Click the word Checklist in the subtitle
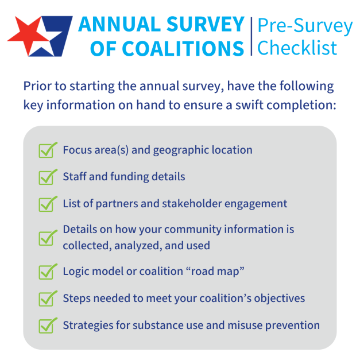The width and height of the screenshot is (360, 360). pyautogui.click(x=297, y=48)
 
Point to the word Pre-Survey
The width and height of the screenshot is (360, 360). pyautogui.click(x=304, y=25)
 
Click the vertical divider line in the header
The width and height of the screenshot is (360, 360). pyautogui.click(x=251, y=36)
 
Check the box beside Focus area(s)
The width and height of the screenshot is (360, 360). pyautogui.click(x=47, y=150)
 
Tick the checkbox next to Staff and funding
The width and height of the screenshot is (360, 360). pyautogui.click(x=47, y=176)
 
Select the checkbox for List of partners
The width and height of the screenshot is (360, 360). pyautogui.click(x=47, y=203)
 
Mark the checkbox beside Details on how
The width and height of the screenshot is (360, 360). pyautogui.click(x=47, y=237)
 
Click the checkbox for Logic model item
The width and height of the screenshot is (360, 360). pyautogui.click(x=47, y=270)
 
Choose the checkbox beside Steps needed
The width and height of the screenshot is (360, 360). pyautogui.click(x=47, y=298)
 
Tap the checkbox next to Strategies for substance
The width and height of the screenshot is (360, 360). pyautogui.click(x=47, y=325)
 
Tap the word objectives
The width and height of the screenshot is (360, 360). pyautogui.click(x=277, y=299)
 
